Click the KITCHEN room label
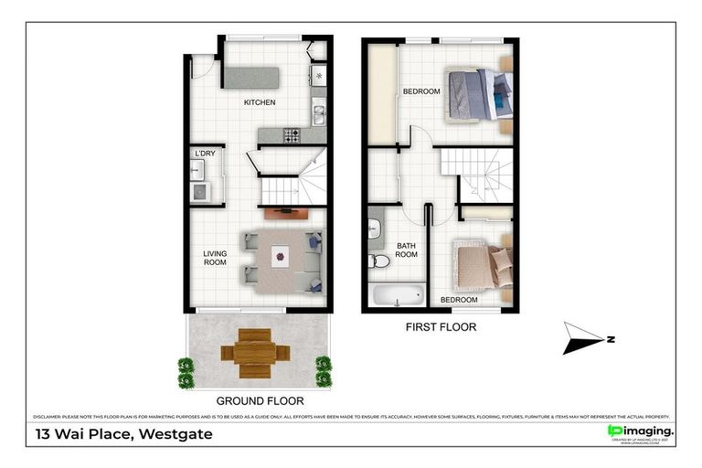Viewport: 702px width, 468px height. click(x=259, y=102)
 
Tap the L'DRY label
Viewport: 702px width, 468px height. click(x=205, y=153)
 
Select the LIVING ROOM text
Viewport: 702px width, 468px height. click(x=214, y=258)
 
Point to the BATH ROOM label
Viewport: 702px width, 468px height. click(x=406, y=250)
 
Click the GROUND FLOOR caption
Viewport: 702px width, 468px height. click(x=260, y=400)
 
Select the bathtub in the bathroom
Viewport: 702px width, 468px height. click(x=398, y=295)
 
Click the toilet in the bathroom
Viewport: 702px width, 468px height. click(x=378, y=261)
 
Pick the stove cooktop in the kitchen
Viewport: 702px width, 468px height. click(x=292, y=135)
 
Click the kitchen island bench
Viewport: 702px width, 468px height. click(x=252, y=77)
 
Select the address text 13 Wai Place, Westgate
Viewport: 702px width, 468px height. click(x=123, y=434)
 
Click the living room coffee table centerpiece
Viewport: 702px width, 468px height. click(x=280, y=258)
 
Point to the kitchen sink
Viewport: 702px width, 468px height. click(x=319, y=114)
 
